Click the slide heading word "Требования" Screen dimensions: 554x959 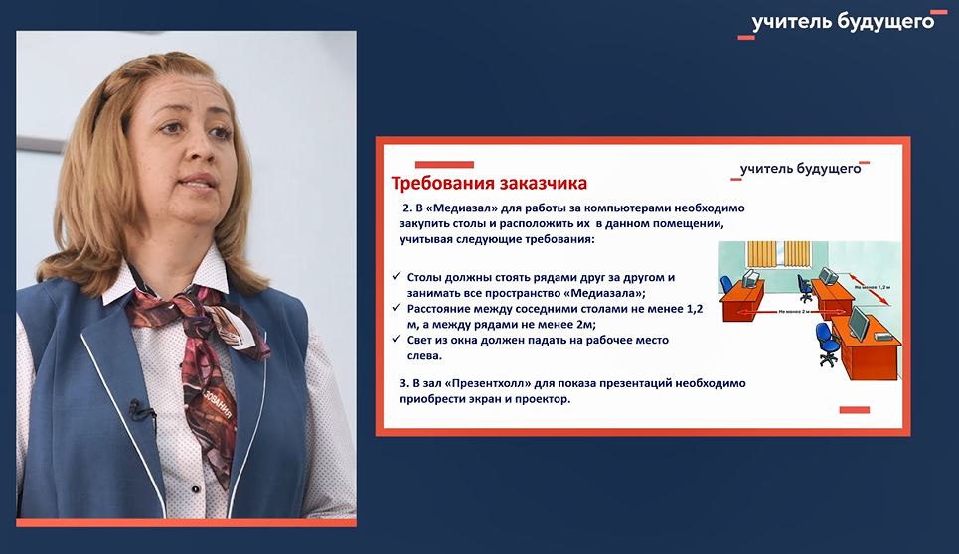(x=436, y=184)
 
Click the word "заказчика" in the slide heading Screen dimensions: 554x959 (x=536, y=184)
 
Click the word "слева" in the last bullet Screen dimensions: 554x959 (x=426, y=355)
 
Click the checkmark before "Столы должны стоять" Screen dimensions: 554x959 (x=397, y=277)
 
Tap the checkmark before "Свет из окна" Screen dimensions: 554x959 (x=397, y=341)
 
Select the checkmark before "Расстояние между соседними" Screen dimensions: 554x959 (x=397, y=309)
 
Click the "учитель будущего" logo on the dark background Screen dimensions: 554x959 (x=843, y=22)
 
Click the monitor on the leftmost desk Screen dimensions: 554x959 (x=752, y=278)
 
